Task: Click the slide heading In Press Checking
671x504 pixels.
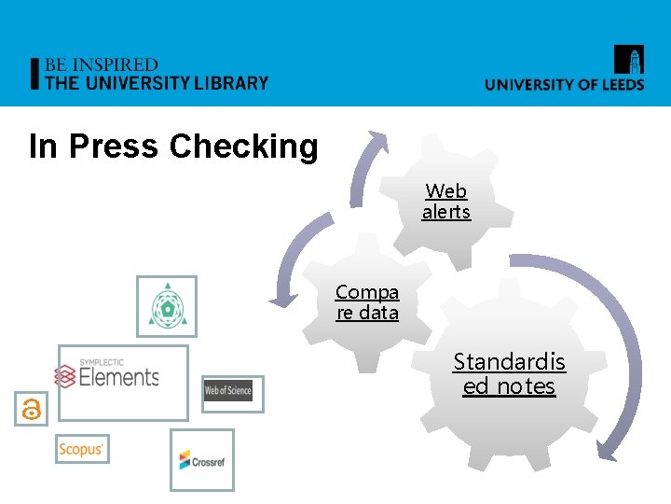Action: [x=173, y=147]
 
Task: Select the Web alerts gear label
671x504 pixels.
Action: [x=446, y=202]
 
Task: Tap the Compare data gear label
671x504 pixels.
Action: [x=367, y=302]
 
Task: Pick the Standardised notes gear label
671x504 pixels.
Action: [x=509, y=373]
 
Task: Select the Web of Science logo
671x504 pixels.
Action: [x=233, y=393]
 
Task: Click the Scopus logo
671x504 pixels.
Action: [x=82, y=449]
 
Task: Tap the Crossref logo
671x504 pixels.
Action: [x=202, y=459]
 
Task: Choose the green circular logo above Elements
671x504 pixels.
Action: [x=167, y=306]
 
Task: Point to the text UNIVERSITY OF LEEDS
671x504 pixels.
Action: [x=564, y=84]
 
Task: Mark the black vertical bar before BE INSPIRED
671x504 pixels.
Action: [x=35, y=74]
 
